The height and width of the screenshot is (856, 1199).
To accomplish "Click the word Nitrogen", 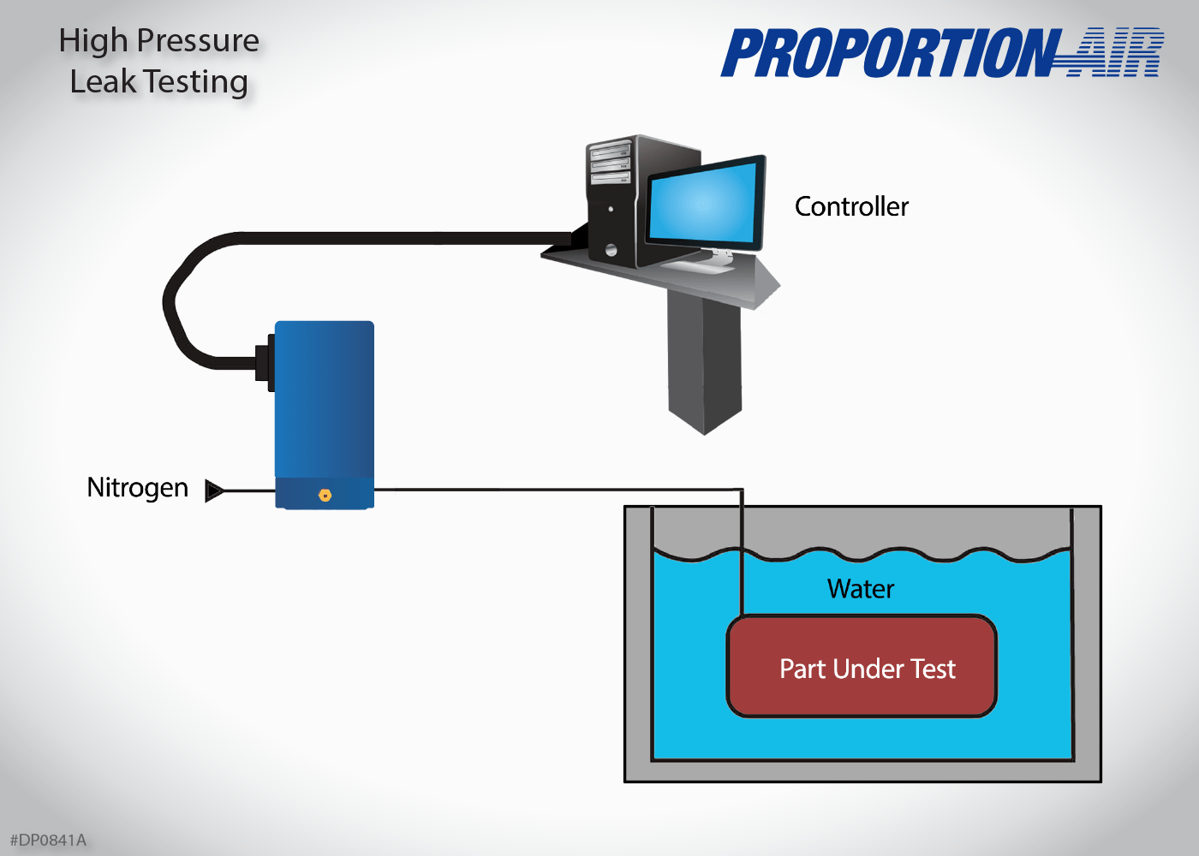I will tap(137, 488).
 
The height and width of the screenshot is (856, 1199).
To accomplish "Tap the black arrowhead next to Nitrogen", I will tap(214, 490).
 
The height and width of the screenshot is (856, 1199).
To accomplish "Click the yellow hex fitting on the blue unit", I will tap(325, 495).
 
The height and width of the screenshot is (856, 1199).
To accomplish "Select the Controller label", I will tap(851, 206).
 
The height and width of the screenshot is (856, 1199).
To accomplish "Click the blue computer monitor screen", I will tap(704, 202).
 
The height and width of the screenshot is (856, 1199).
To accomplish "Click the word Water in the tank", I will tap(860, 589).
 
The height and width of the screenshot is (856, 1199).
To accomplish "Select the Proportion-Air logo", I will tap(941, 53).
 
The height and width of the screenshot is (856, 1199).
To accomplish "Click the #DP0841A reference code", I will tap(48, 840).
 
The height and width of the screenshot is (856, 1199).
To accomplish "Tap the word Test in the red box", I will tap(933, 669).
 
